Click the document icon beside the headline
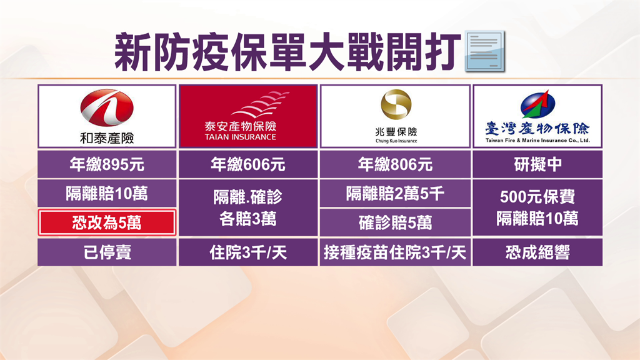484,51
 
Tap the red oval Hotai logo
107,107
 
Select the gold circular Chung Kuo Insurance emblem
396,104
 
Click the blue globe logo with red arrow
537,104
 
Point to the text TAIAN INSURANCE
241,137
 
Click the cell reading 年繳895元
107,164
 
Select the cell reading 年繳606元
248,164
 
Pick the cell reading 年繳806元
395,164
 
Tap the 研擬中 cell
537,164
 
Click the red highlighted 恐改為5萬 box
107,222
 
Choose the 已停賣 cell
107,252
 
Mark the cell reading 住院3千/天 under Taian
248,252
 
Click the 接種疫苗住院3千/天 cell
395,252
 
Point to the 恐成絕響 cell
537,252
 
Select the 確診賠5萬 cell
395,222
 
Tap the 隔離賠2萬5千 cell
395,194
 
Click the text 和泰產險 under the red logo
107,138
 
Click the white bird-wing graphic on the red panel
261,104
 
